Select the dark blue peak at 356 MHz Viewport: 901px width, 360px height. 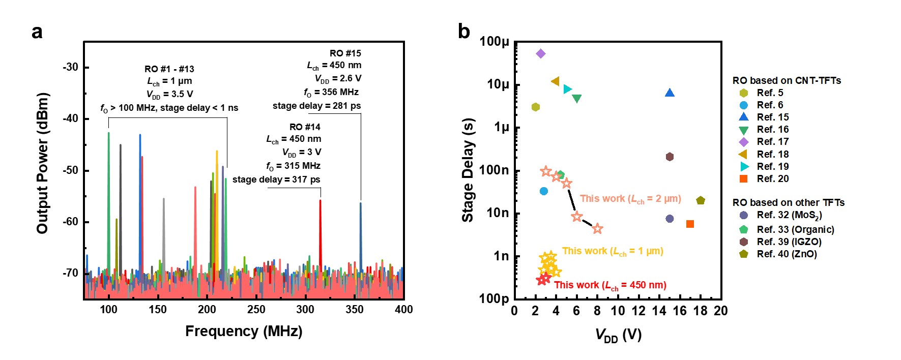361,229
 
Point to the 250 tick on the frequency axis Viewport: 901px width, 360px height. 256,309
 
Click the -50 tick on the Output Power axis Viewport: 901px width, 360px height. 71,170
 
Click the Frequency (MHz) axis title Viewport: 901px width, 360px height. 244,332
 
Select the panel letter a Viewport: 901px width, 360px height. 37,32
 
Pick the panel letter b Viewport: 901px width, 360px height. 463,32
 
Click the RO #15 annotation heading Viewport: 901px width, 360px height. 345,53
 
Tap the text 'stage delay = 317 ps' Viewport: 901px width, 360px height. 276,179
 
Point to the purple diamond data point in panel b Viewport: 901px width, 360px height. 541,53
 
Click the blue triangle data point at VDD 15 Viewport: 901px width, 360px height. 670,93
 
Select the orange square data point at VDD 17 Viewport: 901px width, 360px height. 690,224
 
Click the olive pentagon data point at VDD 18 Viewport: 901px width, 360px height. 701,200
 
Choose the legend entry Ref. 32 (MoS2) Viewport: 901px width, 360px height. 789,215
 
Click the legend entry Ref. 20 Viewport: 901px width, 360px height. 772,178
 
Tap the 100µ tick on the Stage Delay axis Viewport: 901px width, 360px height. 494,42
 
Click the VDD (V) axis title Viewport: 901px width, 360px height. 618,335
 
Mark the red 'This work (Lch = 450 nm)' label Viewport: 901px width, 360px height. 610,285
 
